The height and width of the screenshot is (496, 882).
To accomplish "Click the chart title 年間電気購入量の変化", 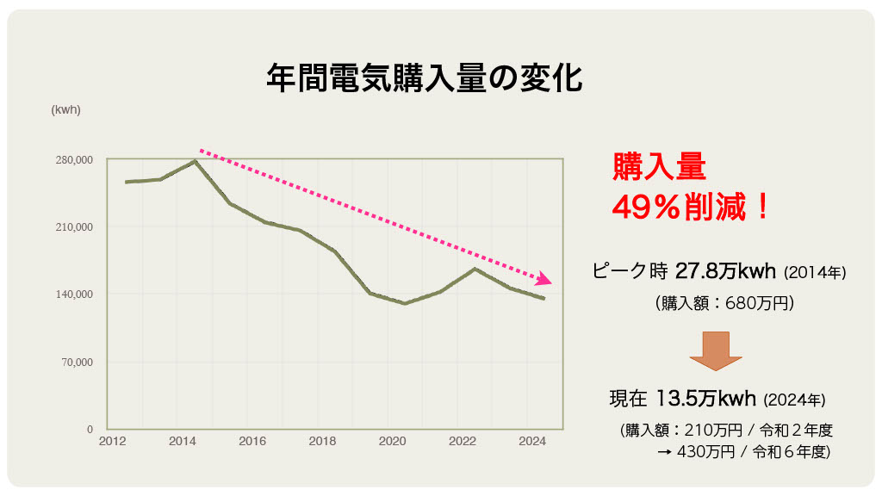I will click(424, 78).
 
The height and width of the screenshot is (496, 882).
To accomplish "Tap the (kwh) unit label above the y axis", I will click(65, 109).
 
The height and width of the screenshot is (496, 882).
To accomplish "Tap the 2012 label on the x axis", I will click(112, 442).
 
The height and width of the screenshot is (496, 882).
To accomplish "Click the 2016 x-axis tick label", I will click(252, 442).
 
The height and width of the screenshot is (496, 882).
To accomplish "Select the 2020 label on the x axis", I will click(392, 442).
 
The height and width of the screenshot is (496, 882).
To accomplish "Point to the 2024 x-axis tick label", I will click(532, 442).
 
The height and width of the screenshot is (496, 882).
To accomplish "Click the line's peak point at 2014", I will click(196, 161).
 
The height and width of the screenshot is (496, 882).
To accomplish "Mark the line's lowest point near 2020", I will click(405, 303).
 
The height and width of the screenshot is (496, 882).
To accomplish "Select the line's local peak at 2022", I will click(475, 269).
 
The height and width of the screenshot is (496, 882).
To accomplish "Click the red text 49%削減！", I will click(689, 207).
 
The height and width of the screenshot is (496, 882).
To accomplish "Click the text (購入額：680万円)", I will click(724, 303).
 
